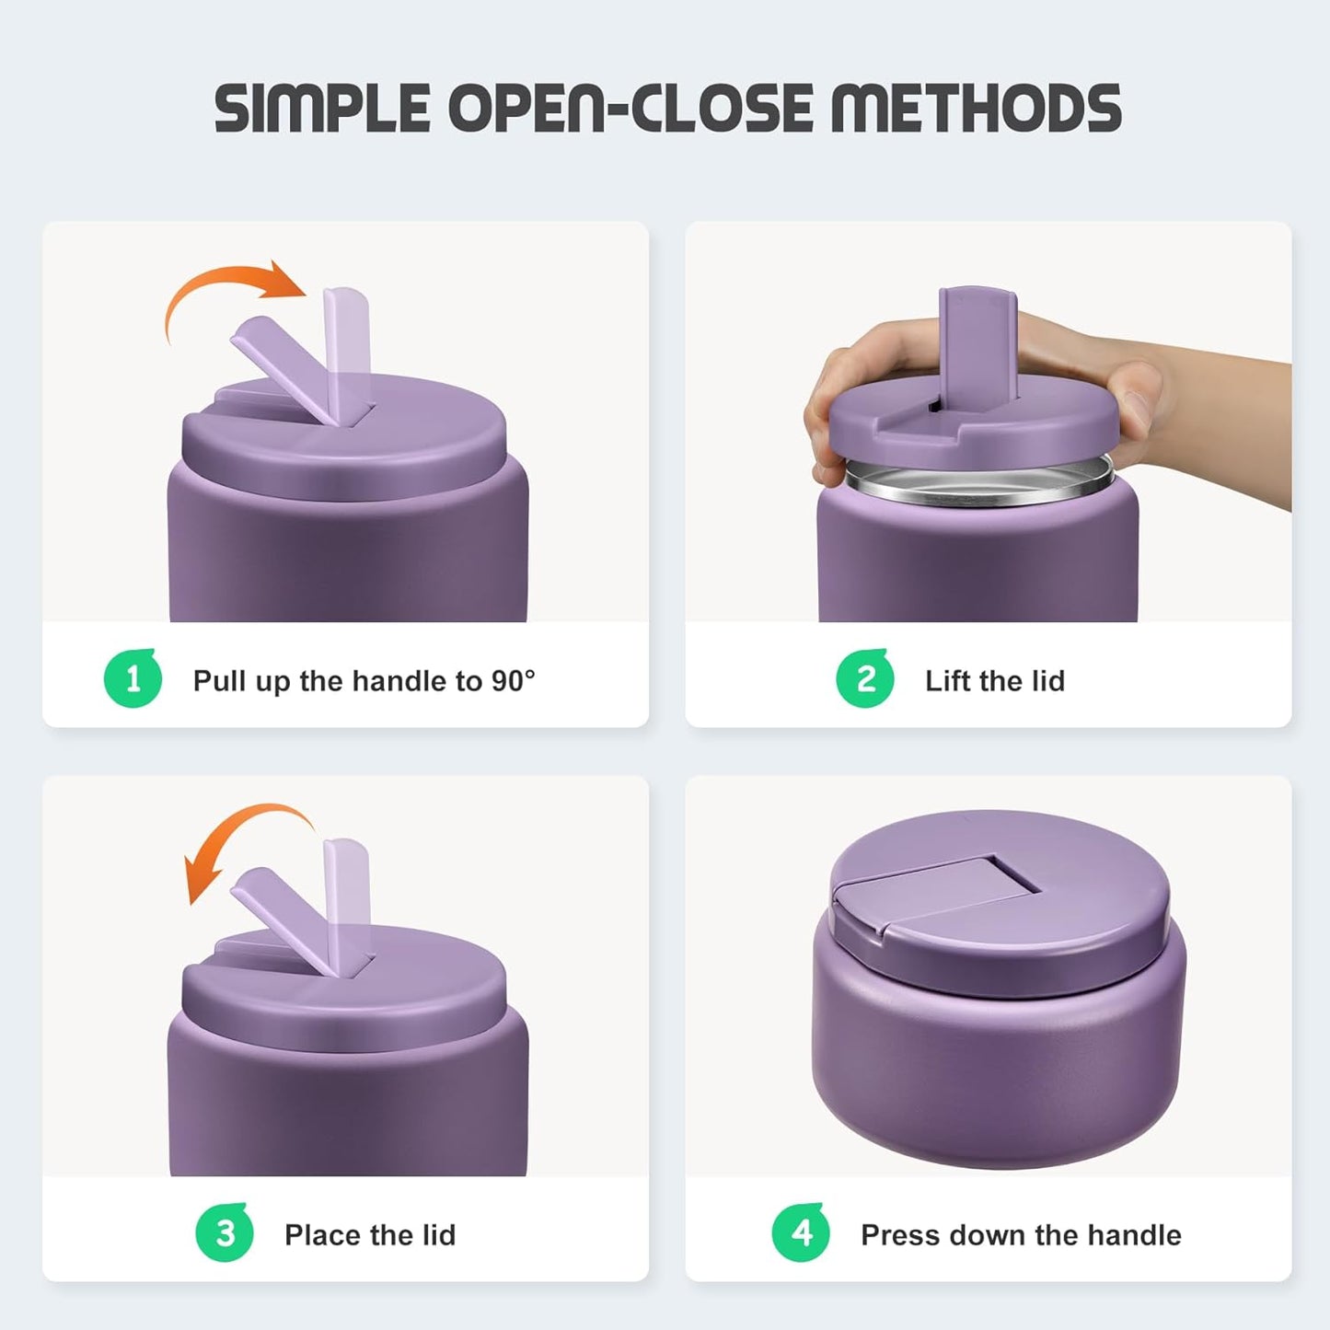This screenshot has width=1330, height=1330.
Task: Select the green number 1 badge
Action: click(x=133, y=679)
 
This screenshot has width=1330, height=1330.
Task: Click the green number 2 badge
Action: click(x=865, y=679)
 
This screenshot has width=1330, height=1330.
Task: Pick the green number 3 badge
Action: click(x=225, y=1233)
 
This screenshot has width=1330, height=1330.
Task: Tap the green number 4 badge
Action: click(x=801, y=1233)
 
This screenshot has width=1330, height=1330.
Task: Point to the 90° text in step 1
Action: click(x=513, y=681)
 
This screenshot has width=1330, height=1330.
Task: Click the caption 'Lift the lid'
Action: click(x=995, y=681)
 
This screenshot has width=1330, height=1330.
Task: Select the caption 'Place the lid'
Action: click(x=370, y=1235)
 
